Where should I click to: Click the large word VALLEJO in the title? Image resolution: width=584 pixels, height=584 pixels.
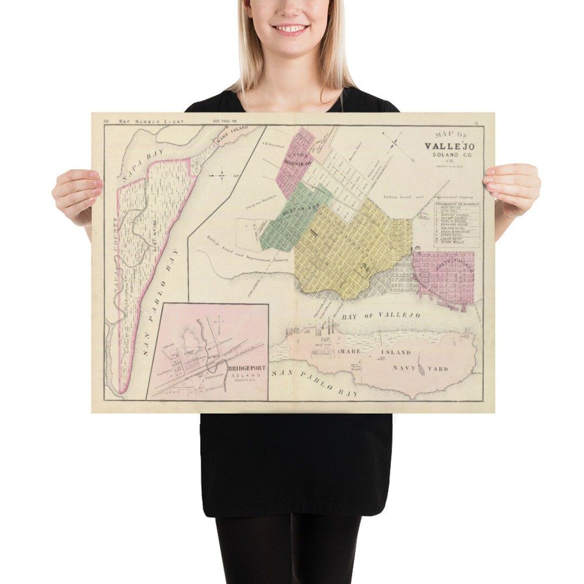[449, 147]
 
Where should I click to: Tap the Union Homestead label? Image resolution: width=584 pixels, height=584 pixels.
[295, 158]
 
